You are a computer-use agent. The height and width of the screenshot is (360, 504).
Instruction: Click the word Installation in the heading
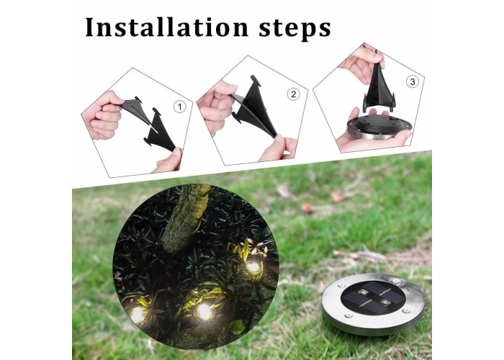coord(167,27)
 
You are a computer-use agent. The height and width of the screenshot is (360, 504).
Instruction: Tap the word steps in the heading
coord(294,29)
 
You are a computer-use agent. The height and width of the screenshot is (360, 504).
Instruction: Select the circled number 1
coord(180,107)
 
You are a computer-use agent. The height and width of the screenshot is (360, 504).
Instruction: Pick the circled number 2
coord(293,94)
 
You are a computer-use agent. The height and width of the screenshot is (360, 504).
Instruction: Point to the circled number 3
coord(413,81)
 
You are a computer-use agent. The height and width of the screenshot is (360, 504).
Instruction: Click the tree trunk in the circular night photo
coord(186,219)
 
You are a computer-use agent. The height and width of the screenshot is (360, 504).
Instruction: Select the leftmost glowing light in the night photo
coord(138,315)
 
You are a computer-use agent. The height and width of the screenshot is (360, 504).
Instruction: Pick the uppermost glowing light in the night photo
coord(253,267)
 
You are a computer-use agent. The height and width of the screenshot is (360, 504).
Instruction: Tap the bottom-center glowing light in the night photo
coord(204,311)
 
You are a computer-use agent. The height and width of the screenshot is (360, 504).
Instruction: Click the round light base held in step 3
coord(379,127)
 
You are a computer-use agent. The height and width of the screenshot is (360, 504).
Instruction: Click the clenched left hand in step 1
coord(102,116)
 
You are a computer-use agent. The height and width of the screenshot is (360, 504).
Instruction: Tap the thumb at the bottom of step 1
coord(168,161)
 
